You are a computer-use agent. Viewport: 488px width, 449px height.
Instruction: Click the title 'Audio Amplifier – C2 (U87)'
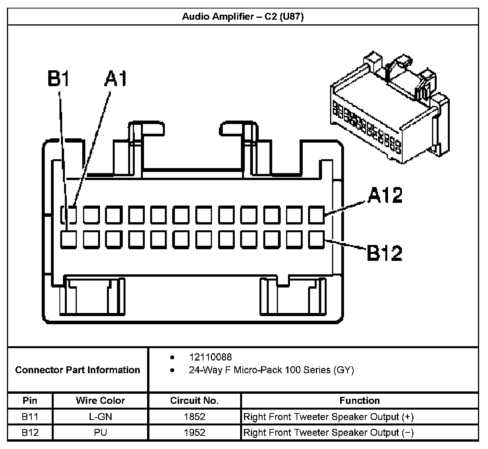click(243, 17)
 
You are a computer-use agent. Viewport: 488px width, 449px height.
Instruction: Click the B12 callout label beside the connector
click(384, 253)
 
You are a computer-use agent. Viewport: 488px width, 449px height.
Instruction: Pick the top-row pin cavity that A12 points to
click(317, 215)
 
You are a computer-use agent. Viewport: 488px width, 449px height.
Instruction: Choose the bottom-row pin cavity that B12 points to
click(317, 239)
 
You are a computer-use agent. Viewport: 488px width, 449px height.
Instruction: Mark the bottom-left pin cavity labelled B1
click(68, 239)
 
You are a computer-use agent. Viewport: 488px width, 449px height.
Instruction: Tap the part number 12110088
click(210, 357)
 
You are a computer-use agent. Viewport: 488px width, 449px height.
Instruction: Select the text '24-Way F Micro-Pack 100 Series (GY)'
click(271, 370)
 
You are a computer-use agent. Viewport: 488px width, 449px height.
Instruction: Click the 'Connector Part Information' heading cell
click(78, 370)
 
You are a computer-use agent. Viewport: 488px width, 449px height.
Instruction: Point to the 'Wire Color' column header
click(100, 401)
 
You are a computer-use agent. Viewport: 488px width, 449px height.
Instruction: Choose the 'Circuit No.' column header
click(194, 401)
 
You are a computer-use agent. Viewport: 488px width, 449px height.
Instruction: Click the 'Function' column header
click(359, 401)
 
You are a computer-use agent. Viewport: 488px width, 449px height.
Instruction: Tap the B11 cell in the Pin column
click(30, 417)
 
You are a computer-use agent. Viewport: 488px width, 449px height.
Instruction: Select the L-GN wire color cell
click(100, 417)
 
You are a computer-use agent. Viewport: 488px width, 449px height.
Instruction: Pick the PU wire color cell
click(100, 432)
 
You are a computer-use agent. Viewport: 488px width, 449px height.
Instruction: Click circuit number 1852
click(195, 417)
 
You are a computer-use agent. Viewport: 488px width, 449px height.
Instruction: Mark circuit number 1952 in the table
click(195, 432)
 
